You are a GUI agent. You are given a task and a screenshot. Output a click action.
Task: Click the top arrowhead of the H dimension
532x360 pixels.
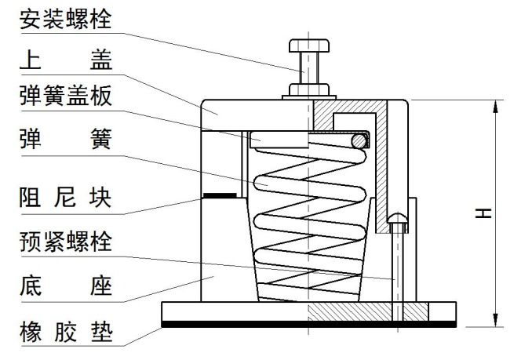496,107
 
